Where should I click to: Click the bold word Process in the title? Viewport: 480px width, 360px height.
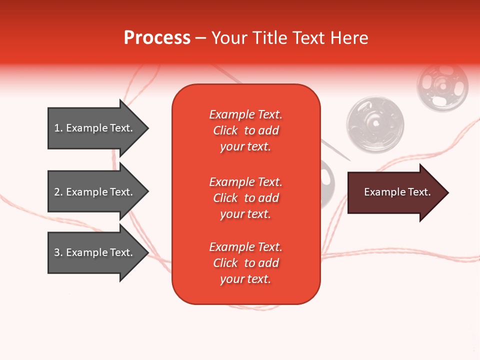tap(157, 38)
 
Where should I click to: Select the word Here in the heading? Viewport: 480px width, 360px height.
tap(349, 38)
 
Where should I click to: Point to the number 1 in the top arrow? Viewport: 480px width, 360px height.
tap(57, 128)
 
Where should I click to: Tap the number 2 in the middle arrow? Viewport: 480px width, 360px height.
tap(57, 192)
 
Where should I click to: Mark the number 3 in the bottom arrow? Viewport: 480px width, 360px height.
tap(57, 252)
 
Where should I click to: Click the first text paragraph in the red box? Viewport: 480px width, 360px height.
tap(245, 130)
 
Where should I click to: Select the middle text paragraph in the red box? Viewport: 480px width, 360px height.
tap(245, 198)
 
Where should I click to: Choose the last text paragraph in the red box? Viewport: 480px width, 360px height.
tap(245, 263)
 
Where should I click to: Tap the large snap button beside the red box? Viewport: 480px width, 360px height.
tap(375, 124)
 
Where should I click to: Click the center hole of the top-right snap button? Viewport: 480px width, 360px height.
tap(442, 86)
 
